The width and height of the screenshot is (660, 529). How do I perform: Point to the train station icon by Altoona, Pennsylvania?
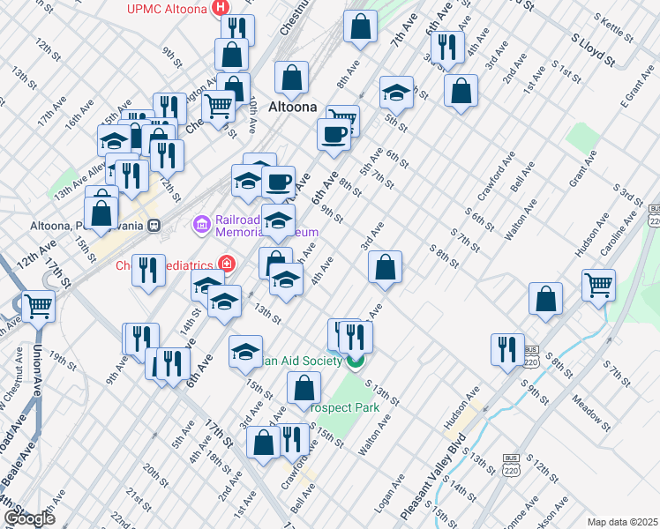(x=154, y=225)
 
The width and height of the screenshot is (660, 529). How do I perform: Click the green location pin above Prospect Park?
(x=356, y=360)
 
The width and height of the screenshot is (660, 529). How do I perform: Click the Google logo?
(x=28, y=518)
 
